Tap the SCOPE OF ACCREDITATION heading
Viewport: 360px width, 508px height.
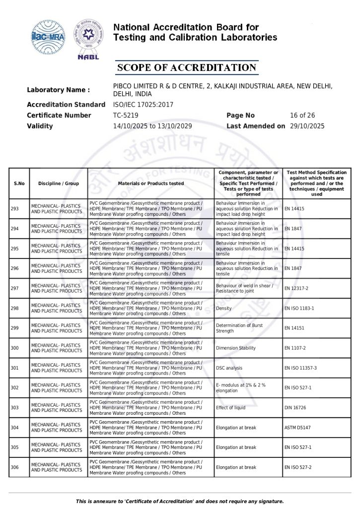(187, 68)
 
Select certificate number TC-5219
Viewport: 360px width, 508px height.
(125, 115)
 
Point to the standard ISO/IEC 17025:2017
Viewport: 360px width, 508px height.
(143, 105)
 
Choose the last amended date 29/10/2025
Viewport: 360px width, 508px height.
(307, 126)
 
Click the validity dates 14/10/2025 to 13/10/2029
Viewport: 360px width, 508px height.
(152, 126)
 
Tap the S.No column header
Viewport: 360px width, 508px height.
(19, 184)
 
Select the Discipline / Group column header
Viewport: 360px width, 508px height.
(59, 184)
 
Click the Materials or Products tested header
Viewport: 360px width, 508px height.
(151, 184)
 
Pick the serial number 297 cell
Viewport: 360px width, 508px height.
(15, 288)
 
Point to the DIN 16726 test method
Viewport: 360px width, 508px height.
(296, 408)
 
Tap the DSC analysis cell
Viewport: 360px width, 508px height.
(229, 368)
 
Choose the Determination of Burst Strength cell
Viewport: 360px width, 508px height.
(239, 328)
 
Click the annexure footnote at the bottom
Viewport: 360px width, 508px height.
(180, 501)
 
